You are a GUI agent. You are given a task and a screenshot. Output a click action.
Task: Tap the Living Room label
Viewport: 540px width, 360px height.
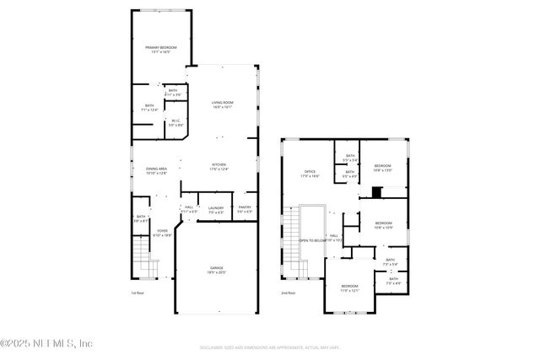pyautogui.click(x=222, y=105)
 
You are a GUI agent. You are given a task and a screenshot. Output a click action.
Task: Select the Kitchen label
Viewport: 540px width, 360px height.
pyautogui.click(x=219, y=167)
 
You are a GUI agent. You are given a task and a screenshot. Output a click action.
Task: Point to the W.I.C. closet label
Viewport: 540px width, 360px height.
pyautogui.click(x=175, y=123)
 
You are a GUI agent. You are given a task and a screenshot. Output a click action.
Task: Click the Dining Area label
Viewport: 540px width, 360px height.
pyautogui.click(x=156, y=170)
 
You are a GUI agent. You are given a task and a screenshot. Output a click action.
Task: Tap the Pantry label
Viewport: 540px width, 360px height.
pyautogui.click(x=245, y=209)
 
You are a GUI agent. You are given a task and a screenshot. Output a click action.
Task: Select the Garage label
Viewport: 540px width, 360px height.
pyautogui.click(x=217, y=270)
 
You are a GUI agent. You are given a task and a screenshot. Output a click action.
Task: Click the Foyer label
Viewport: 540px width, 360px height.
pyautogui.click(x=161, y=233)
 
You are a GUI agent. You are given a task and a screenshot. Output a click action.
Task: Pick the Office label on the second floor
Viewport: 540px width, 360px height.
pyautogui.click(x=310, y=174)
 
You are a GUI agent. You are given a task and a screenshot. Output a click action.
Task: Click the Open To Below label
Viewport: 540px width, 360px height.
pyautogui.click(x=311, y=240)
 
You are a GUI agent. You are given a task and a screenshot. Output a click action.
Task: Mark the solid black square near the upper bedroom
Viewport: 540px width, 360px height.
pyautogui.click(x=377, y=191)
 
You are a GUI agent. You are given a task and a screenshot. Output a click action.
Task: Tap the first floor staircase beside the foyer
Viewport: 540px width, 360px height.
pyautogui.click(x=141, y=253)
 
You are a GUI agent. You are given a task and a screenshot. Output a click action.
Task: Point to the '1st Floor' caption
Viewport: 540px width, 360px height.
pyautogui.click(x=138, y=293)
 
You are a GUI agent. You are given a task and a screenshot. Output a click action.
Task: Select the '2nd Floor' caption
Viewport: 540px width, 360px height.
pyautogui.click(x=289, y=293)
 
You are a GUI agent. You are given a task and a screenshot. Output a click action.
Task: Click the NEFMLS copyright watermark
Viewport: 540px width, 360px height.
pyautogui.click(x=46, y=343)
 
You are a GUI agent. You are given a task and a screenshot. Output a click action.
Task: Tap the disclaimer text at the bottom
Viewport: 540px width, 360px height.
pyautogui.click(x=269, y=346)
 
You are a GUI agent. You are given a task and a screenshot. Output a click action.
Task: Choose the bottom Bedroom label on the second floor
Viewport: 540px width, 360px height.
pyautogui.click(x=349, y=288)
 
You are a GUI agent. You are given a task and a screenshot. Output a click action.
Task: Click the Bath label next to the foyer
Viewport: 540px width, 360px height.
pyautogui.click(x=142, y=218)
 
